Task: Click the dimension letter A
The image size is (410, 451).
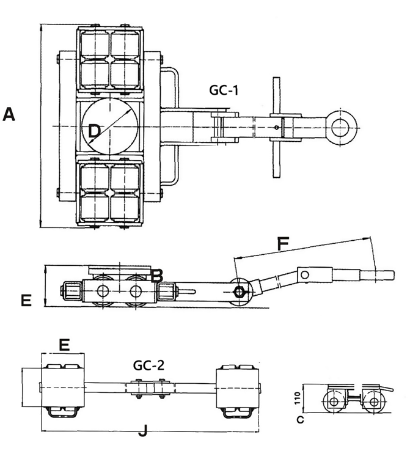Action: [x=9, y=114]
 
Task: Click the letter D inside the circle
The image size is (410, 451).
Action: [x=94, y=131]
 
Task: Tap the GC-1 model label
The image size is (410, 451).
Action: [x=224, y=90]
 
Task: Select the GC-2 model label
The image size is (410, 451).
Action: [x=148, y=365]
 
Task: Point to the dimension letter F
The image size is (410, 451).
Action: [x=283, y=244]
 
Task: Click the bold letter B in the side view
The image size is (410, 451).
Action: [x=156, y=276]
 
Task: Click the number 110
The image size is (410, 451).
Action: [x=298, y=398]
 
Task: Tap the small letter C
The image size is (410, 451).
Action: [x=300, y=420]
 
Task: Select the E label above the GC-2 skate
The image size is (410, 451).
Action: [x=64, y=345]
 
